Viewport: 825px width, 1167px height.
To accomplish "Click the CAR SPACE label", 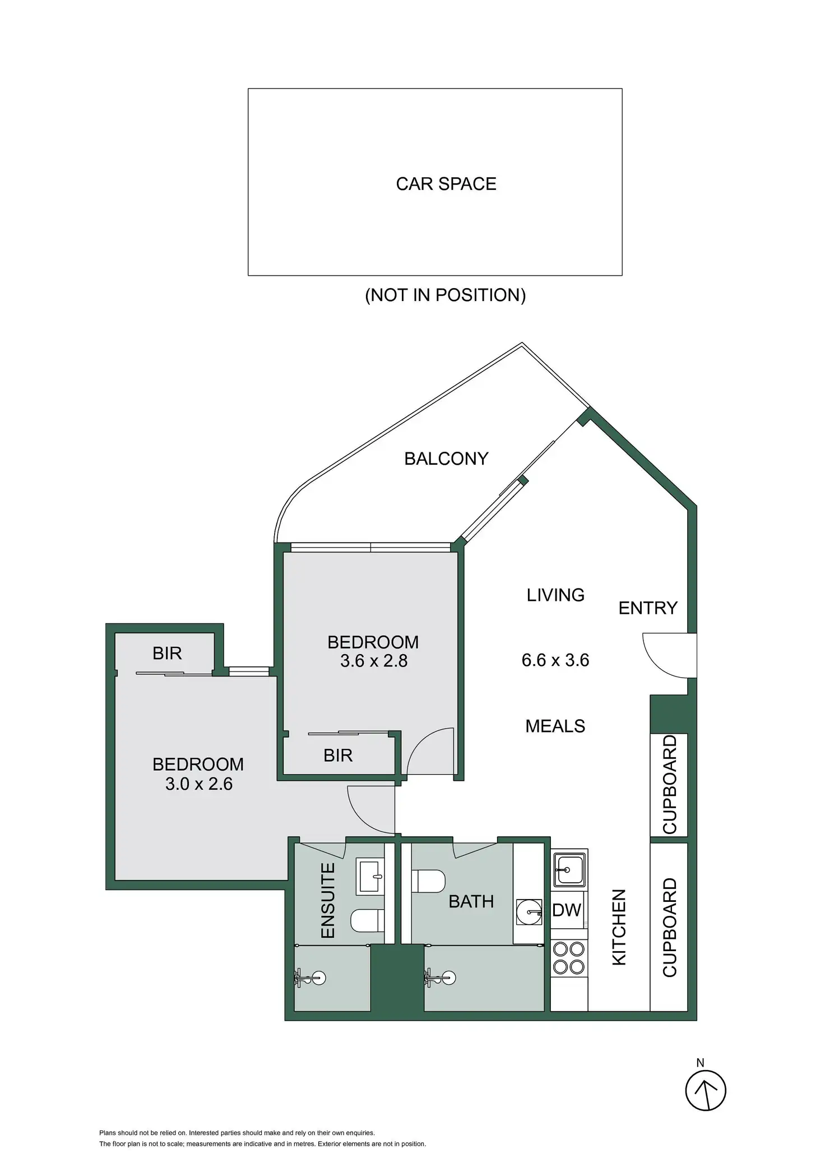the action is [446, 184].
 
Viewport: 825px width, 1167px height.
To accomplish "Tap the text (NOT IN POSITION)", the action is [446, 295].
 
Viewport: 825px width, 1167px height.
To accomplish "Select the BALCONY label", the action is [446, 459].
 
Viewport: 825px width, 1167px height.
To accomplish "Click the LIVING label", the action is [555, 595].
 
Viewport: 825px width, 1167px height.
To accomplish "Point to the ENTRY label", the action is [648, 608].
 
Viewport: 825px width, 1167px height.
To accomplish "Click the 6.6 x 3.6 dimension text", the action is [555, 660].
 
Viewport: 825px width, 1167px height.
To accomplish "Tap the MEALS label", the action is [555, 726].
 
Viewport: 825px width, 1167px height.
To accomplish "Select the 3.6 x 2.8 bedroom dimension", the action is [374, 661].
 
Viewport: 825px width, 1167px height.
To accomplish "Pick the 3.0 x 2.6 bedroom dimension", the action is [199, 784].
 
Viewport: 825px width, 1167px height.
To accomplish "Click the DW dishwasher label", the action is [567, 910].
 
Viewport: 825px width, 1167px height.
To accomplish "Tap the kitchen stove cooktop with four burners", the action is [569, 958].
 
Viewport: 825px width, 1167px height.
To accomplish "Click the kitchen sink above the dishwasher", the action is [569, 869].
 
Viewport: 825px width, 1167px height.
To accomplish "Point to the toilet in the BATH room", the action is [429, 880].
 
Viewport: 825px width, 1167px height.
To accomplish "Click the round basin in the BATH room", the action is [529, 913].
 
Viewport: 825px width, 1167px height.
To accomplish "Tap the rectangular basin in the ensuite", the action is [370, 876].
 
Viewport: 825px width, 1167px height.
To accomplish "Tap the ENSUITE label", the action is [328, 900].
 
